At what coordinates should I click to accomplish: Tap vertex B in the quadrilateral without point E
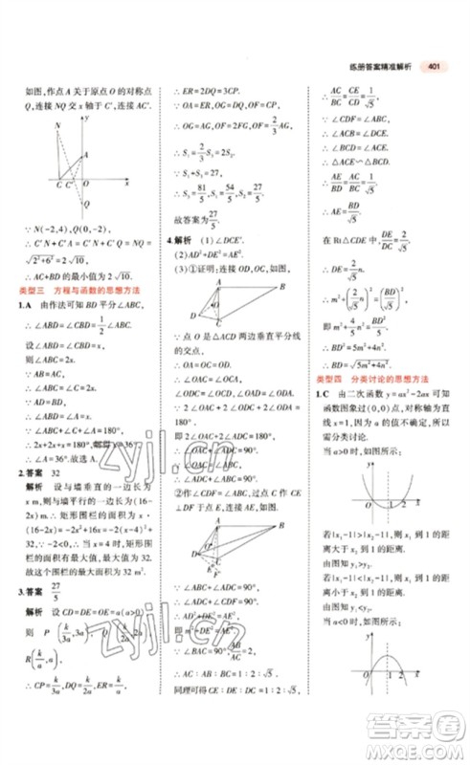click(191, 318)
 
